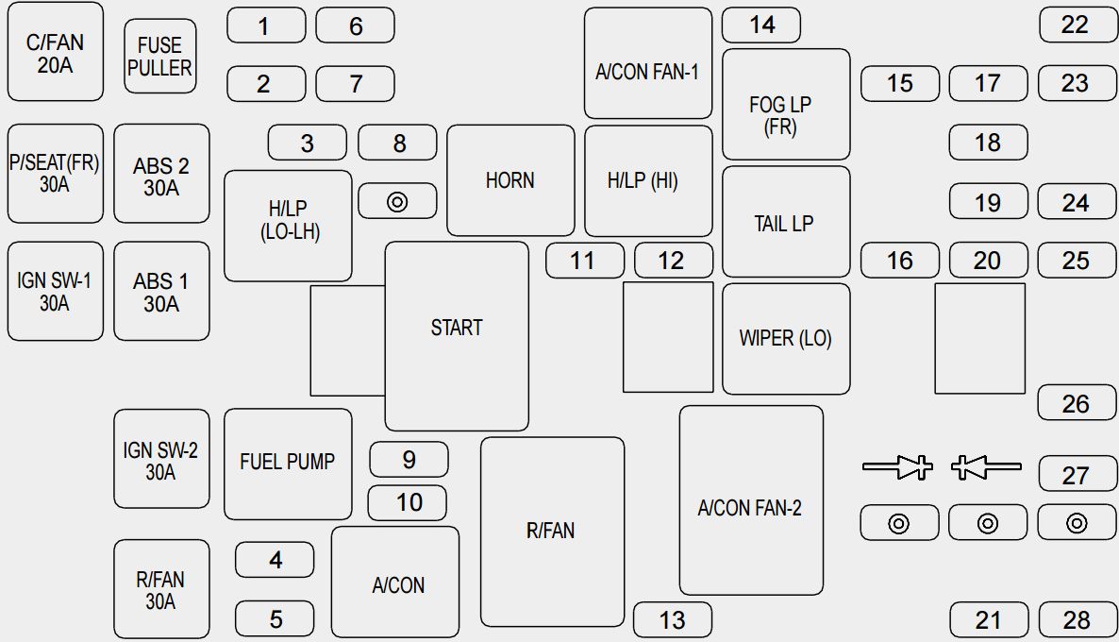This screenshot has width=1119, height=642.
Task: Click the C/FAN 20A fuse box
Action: click(x=56, y=51)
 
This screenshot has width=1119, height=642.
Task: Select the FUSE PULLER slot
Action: click(x=159, y=56)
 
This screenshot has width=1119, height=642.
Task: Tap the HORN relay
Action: click(x=511, y=180)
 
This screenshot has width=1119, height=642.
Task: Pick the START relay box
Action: click(x=457, y=336)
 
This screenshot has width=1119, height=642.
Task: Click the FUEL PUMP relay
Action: click(x=288, y=465)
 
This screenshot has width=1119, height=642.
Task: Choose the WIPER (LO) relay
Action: click(x=787, y=339)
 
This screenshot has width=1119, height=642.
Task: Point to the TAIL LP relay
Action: click(x=787, y=221)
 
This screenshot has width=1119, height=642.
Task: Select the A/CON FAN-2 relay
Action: click(x=751, y=499)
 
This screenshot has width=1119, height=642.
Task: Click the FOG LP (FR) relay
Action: click(x=787, y=104)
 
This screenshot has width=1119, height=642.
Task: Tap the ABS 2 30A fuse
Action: click(x=162, y=174)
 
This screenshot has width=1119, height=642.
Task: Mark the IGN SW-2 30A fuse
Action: click(x=162, y=459)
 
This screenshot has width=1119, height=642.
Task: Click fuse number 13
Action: click(x=673, y=620)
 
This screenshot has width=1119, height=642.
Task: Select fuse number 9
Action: click(x=409, y=459)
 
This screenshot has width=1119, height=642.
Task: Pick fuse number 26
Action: click(x=1077, y=403)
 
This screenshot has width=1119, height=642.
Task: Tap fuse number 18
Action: click(x=989, y=143)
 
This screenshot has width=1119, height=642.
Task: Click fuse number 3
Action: click(x=308, y=143)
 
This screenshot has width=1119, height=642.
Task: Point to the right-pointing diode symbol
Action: click(x=898, y=467)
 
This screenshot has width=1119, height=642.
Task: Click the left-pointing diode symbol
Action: click(x=986, y=467)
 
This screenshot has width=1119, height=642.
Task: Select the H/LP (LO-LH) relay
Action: click(x=289, y=226)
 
